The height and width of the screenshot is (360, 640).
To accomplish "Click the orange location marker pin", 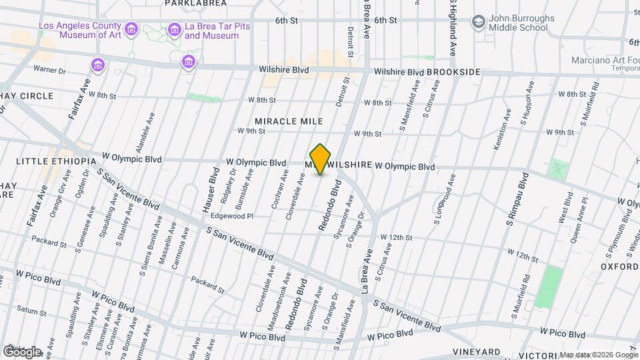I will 321,159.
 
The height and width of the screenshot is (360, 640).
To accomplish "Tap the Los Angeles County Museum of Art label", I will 80,30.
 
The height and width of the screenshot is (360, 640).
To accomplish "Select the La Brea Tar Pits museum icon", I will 175,29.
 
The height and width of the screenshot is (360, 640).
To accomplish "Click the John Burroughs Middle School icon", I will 478,21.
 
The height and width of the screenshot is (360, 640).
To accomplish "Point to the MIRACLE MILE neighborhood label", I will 289,121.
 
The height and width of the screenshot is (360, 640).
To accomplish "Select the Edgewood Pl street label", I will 232,216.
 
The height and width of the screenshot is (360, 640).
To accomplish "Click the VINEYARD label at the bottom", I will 477,351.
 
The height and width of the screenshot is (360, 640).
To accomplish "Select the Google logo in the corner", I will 22,351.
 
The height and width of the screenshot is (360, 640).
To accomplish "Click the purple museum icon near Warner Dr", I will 98,65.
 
